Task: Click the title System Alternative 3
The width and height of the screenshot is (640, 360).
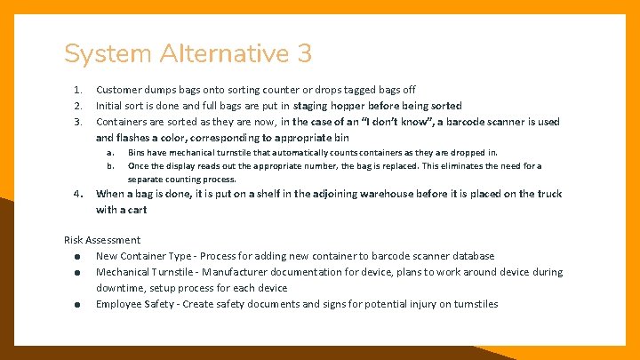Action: [x=188, y=54]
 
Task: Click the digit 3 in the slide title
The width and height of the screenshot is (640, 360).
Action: [x=304, y=54]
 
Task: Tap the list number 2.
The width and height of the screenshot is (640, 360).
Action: [x=78, y=106]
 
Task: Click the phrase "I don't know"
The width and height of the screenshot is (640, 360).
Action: [x=380, y=122]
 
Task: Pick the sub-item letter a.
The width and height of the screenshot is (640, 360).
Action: [x=111, y=153]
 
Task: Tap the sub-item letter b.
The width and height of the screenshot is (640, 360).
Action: [x=111, y=165]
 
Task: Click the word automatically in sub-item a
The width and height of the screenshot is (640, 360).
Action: [x=283, y=153]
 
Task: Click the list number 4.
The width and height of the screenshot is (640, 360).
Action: [x=78, y=194]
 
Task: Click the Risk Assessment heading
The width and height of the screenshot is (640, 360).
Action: [x=102, y=240]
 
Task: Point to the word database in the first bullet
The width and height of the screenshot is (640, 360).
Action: [x=471, y=256]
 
